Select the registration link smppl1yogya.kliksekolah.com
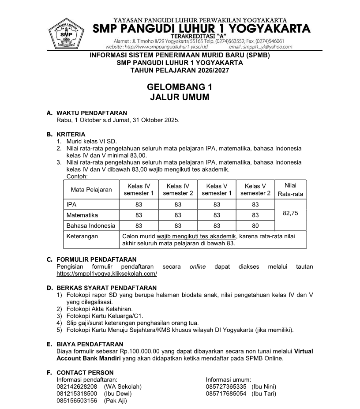(x=107, y=274)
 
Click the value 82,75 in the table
(x=290, y=213)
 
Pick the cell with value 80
(x=255, y=225)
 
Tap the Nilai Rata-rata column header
(x=290, y=190)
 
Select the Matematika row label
(x=82, y=215)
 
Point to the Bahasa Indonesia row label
(x=90, y=225)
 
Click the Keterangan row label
(x=82, y=236)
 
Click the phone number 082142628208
(x=77, y=387)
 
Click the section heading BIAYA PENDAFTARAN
(x=90, y=344)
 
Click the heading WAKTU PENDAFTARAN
(x=92, y=113)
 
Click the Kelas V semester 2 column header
(x=255, y=190)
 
